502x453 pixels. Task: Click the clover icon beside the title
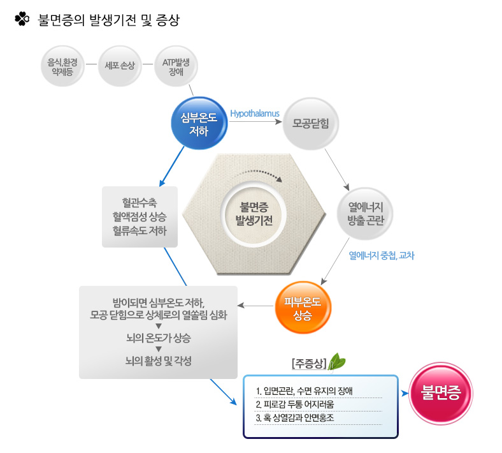(x=22, y=19)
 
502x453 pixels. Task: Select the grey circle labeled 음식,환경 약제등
(x=62, y=66)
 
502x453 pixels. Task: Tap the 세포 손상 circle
(x=120, y=66)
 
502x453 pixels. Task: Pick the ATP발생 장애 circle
(x=176, y=66)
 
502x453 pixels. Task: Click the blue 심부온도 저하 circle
(x=199, y=123)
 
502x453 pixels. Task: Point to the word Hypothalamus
(x=255, y=114)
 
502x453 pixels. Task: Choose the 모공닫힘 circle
(x=310, y=123)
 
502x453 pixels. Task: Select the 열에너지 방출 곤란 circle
(x=365, y=214)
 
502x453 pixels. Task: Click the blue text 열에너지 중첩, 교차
(x=382, y=255)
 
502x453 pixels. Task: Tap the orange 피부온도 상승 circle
(x=303, y=308)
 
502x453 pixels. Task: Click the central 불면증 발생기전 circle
(x=254, y=214)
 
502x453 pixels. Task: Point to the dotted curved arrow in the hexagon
(x=261, y=172)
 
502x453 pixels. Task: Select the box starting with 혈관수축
(x=140, y=217)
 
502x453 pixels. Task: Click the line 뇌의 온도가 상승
(x=159, y=338)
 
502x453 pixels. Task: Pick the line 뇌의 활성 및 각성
(x=159, y=361)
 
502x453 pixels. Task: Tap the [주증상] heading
(x=309, y=364)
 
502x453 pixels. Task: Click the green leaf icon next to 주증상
(x=336, y=362)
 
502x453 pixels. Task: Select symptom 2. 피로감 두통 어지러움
(x=295, y=405)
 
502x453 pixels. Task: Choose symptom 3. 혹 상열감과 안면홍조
(x=295, y=418)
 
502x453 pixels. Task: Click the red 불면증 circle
(x=441, y=394)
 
